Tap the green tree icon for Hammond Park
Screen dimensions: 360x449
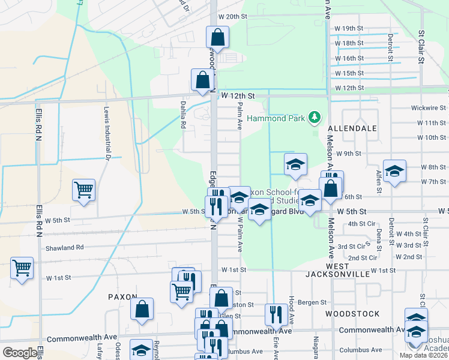point(313,116)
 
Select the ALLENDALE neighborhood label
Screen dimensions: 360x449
point(352,128)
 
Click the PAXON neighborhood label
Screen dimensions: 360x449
point(122,297)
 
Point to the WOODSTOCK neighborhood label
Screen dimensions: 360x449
point(352,314)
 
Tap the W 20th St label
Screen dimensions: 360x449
point(233,16)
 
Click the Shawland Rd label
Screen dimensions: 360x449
point(64,247)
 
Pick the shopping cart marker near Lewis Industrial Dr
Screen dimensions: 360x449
point(84,191)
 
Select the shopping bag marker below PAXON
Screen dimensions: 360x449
point(142,310)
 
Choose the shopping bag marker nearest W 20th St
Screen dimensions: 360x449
point(217,37)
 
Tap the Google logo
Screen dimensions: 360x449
point(20,353)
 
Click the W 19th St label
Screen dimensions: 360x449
point(349,28)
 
